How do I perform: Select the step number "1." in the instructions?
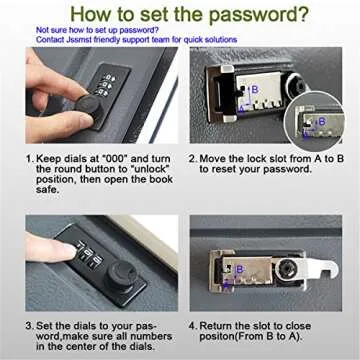click(x=30, y=157)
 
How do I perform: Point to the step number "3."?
click(x=30, y=326)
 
